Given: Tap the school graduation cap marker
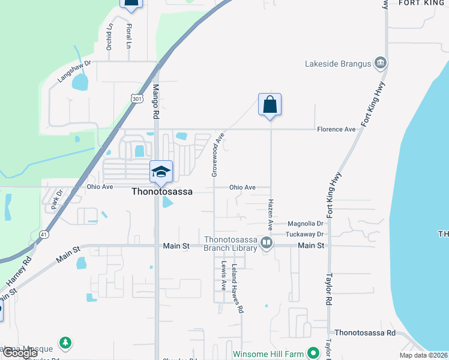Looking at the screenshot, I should click(x=161, y=172).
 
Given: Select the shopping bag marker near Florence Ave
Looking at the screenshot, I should click(x=270, y=104).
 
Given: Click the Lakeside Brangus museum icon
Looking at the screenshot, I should click(x=380, y=64).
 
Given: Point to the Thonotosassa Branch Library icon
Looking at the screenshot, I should click(x=267, y=243).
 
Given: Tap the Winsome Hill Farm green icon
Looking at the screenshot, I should click(x=312, y=353).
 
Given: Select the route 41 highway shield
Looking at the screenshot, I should click(x=44, y=234).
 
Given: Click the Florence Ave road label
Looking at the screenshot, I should click(x=336, y=129).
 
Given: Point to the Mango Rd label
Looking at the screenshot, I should click(x=155, y=100).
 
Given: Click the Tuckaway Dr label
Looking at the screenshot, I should click(x=305, y=234).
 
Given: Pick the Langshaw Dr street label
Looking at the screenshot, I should click(x=74, y=70).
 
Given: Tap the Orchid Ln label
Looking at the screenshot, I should click(x=109, y=37).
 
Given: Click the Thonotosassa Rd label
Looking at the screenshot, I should click(x=365, y=332).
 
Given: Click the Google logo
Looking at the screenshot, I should click(x=20, y=353).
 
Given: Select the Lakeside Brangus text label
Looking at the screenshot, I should click(x=338, y=64).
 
